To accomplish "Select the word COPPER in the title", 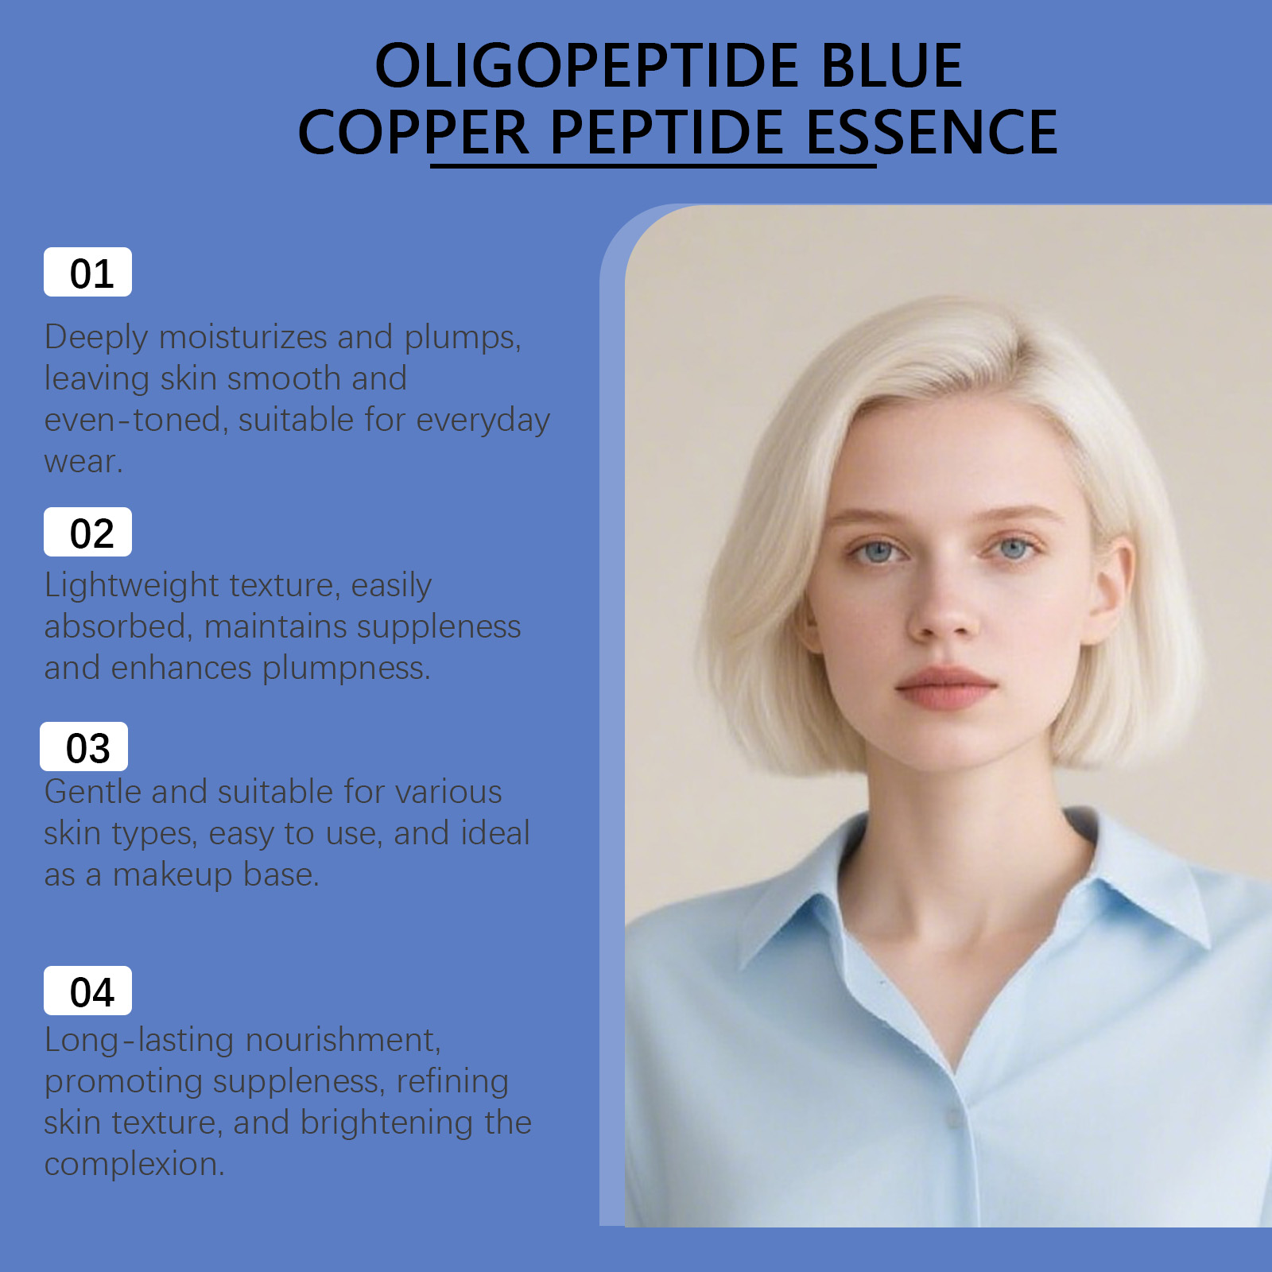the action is [x=413, y=132].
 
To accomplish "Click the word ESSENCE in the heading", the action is [x=932, y=132].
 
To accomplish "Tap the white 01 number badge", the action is [x=87, y=272].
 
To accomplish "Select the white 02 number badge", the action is [x=87, y=532].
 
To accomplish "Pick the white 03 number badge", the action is [x=83, y=747].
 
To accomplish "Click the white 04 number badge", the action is [x=87, y=991].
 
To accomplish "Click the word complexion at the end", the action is [x=134, y=1165].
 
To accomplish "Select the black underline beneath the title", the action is [x=653, y=165].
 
